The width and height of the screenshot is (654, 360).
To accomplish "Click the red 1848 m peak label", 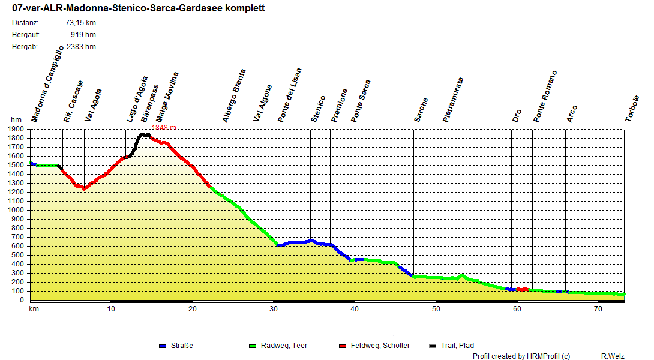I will click(164, 128).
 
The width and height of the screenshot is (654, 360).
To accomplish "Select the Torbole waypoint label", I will click(632, 109).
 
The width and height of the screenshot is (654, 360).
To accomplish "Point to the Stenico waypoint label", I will click(319, 109).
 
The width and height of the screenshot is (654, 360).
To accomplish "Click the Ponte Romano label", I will click(545, 97).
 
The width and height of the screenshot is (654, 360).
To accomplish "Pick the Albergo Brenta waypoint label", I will click(234, 96).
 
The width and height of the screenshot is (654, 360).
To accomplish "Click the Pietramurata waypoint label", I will click(453, 100).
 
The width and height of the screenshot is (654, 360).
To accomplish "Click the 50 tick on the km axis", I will click(436, 309).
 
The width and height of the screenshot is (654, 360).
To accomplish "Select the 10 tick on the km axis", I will click(111, 309).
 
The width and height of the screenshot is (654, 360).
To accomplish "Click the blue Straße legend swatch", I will click(163, 346).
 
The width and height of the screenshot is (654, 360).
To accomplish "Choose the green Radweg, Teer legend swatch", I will click(253, 346).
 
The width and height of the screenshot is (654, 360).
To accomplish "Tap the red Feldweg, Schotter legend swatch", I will click(343, 346).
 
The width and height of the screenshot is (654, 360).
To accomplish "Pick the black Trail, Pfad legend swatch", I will click(433, 346).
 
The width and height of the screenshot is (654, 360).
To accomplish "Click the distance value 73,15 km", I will click(80, 23).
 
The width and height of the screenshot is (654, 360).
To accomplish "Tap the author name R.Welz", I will click(613, 356).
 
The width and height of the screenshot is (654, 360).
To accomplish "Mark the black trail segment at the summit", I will click(144, 135).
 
